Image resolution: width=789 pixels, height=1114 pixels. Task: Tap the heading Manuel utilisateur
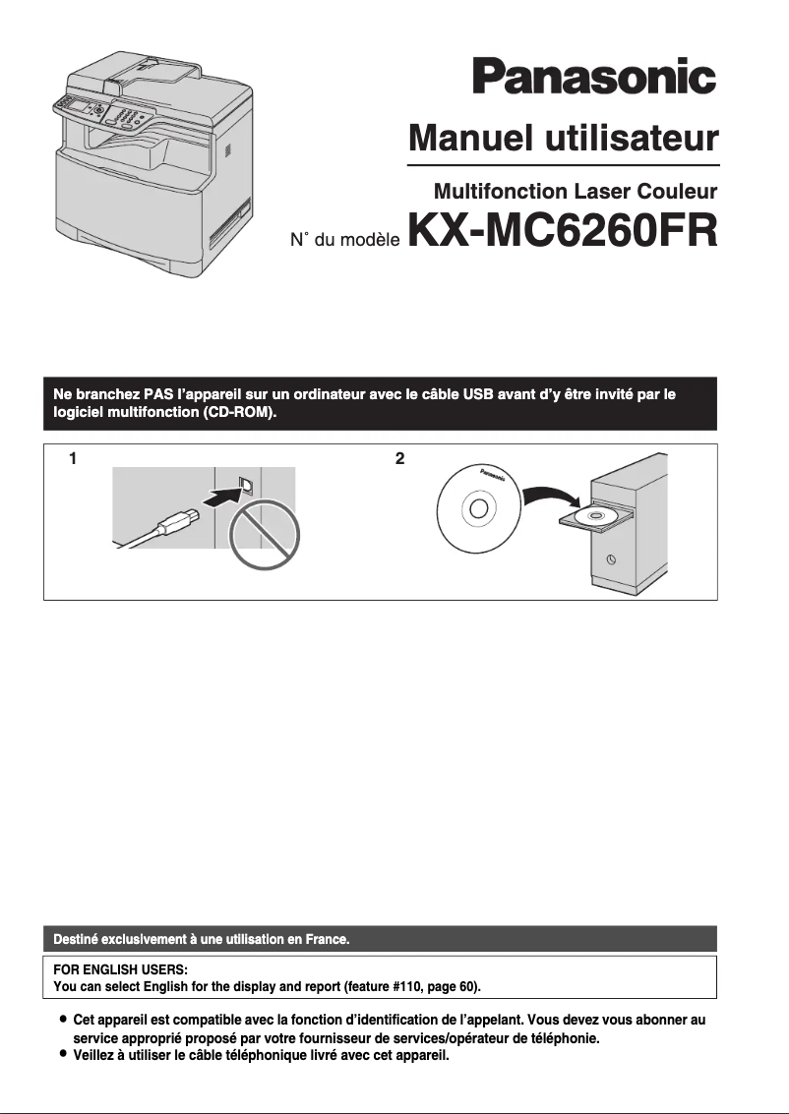click(564, 138)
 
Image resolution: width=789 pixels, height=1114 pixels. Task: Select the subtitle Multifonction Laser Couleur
click(575, 191)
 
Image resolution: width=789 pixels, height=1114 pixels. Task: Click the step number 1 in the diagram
click(72, 458)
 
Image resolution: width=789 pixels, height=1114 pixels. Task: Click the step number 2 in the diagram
click(399, 458)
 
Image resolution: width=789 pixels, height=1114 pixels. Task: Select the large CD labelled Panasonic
click(476, 508)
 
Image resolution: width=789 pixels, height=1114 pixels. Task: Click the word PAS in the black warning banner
click(158, 395)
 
